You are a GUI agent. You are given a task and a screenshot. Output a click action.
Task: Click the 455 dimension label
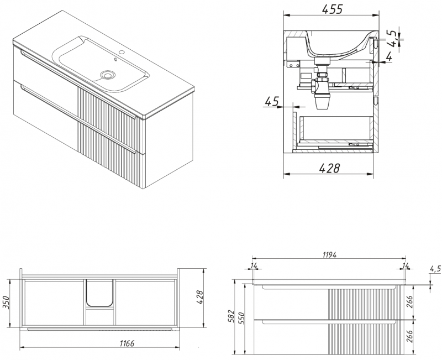pos(332,9)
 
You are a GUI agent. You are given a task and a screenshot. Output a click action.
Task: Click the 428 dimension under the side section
pos(329,168)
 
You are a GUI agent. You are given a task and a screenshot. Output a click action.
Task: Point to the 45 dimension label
pos(272,101)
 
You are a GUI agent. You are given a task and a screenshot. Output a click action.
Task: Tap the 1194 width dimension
pos(329,255)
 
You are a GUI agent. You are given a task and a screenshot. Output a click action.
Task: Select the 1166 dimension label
pos(127,343)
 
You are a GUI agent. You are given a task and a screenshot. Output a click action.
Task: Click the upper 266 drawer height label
pos(409,302)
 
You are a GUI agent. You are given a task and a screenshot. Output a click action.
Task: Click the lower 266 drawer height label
pos(409,336)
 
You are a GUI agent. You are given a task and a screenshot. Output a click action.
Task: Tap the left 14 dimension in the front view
pos(254,265)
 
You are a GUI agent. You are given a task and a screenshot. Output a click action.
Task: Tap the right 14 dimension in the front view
pos(406,265)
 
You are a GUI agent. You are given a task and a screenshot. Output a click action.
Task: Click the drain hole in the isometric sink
pos(108,75)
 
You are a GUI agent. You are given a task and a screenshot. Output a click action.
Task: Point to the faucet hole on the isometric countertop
pos(122,52)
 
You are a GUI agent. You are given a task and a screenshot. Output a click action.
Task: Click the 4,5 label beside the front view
pos(435,269)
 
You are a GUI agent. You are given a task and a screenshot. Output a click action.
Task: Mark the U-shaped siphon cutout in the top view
pos(99,293)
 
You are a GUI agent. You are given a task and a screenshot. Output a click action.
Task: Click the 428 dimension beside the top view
pos(199,298)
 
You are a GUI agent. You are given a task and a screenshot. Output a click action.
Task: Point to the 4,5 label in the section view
pos(393,36)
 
